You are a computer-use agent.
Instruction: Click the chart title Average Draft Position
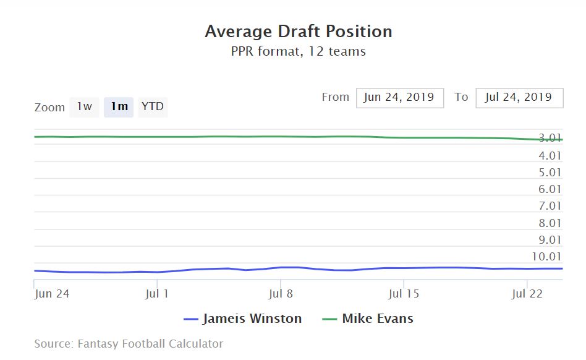coord(299,32)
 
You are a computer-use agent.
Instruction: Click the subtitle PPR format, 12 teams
coord(299,51)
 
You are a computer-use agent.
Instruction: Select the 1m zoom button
coord(119,106)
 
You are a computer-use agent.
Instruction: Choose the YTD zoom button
coord(153,106)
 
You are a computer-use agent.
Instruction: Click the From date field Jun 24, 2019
coord(399,97)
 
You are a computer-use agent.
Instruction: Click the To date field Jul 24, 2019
coord(519,97)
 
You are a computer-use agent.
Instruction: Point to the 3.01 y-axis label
coord(550,139)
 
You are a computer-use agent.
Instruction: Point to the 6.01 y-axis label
coord(550,189)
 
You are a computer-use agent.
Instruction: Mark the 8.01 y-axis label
coord(550,223)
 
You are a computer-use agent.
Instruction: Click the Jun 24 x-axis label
coord(52,294)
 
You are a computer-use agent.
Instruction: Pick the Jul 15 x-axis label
coord(403,294)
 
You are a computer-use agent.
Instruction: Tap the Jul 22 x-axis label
coord(527,294)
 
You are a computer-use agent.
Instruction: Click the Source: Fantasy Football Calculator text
coord(129,343)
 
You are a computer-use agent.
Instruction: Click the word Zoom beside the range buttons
coord(49,108)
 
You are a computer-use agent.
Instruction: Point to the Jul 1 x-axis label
coord(157,294)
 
